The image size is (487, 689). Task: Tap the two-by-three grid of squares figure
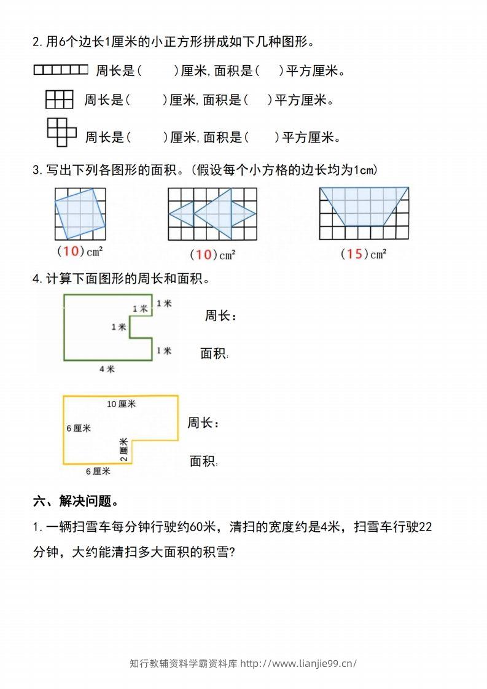pyautogui.click(x=59, y=99)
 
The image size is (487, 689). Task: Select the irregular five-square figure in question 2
pyautogui.click(x=61, y=132)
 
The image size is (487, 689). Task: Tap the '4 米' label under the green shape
pyautogui.click(x=107, y=369)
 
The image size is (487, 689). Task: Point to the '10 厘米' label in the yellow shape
pyautogui.click(x=121, y=403)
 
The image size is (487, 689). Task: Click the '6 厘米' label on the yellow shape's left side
pyautogui.click(x=79, y=428)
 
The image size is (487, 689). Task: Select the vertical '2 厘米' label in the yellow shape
pyautogui.click(x=123, y=450)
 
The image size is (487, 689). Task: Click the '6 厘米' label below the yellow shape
pyautogui.click(x=98, y=471)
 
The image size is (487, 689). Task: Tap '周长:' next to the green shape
pyautogui.click(x=220, y=316)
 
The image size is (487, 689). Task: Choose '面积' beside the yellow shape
pyautogui.click(x=203, y=461)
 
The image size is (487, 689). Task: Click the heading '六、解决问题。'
pyautogui.click(x=76, y=502)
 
